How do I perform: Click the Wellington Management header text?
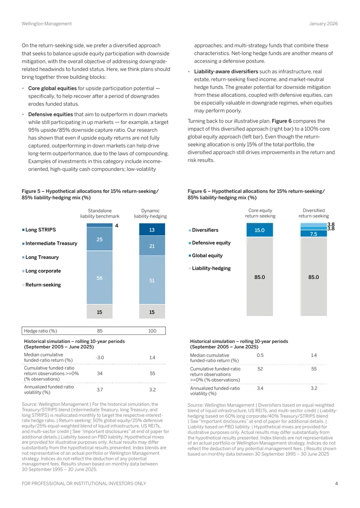47,24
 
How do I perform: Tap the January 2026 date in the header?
324,24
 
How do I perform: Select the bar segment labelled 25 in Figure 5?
99,239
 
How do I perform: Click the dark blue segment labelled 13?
152,230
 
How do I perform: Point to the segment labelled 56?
99,278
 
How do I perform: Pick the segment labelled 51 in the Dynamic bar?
152,280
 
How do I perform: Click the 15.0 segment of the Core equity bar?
260,230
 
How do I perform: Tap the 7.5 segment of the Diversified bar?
314,234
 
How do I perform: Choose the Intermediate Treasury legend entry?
49,243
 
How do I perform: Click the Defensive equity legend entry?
210,243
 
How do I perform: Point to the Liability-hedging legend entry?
210,268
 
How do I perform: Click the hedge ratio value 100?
153,331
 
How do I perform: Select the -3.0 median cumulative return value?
100,357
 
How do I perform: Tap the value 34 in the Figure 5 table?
100,373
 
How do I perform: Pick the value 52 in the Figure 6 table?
260,369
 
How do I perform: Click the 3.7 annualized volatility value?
100,389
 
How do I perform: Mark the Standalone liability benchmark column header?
100,213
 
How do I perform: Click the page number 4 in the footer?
336,483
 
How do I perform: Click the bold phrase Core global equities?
53,88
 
